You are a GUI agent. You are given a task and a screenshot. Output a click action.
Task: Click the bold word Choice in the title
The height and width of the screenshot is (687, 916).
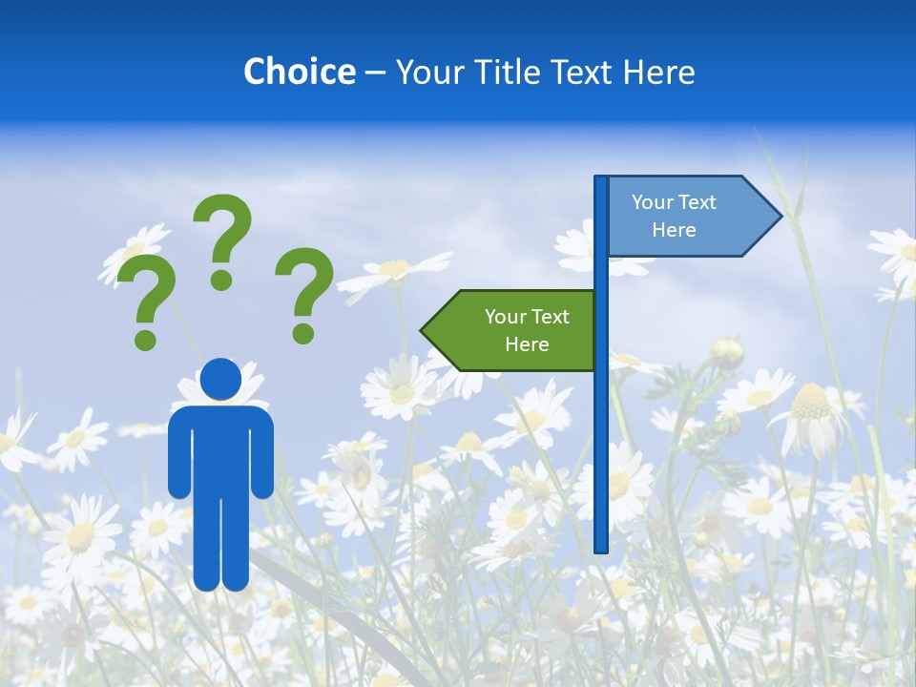(299, 72)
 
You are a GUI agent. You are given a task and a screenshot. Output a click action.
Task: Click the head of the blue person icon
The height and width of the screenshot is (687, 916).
(221, 379)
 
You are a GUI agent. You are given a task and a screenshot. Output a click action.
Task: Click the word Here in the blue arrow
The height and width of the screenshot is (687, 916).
(674, 230)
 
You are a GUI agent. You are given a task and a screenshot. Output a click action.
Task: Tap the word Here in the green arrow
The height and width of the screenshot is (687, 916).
(527, 344)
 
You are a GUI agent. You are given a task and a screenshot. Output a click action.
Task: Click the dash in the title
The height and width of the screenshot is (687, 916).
(375, 73)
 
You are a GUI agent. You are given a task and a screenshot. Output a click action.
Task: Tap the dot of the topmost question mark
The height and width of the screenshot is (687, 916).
(221, 280)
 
